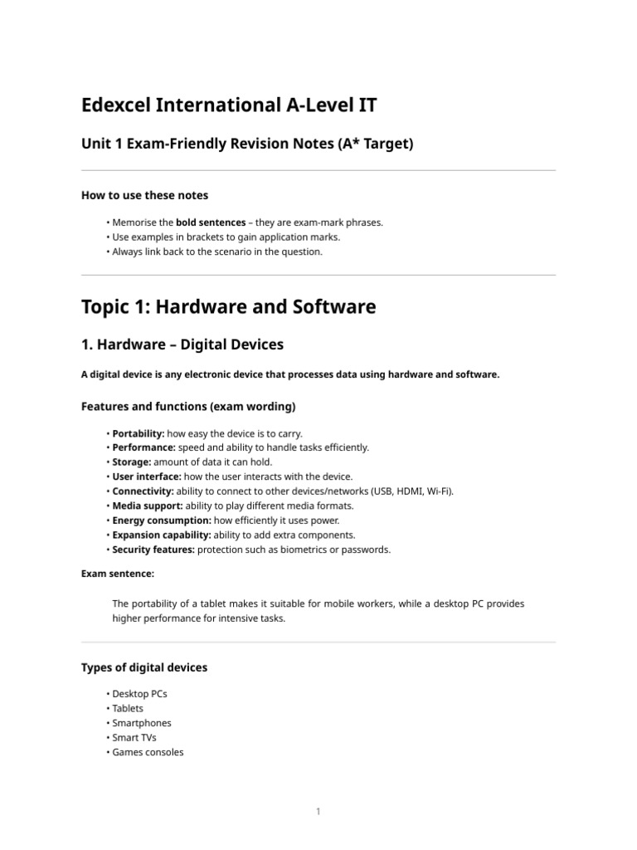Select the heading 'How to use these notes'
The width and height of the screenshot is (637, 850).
point(144,195)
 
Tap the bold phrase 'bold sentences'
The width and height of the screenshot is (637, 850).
point(211,222)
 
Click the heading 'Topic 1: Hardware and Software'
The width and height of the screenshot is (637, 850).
point(228,306)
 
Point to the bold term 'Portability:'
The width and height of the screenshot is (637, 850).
point(139,433)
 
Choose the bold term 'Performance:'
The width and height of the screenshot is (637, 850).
point(143,447)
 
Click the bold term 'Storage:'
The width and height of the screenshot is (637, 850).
point(132,462)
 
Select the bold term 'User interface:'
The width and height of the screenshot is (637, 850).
point(146,476)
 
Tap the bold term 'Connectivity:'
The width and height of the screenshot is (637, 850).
point(143,491)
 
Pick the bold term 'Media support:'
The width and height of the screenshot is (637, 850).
point(147,506)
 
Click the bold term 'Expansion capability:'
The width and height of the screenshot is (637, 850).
point(162,535)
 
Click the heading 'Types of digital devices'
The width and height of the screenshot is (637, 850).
point(144,667)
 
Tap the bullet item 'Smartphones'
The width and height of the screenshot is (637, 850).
point(142,723)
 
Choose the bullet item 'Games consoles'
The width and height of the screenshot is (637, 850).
point(148,752)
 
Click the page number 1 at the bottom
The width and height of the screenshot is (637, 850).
point(318,812)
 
